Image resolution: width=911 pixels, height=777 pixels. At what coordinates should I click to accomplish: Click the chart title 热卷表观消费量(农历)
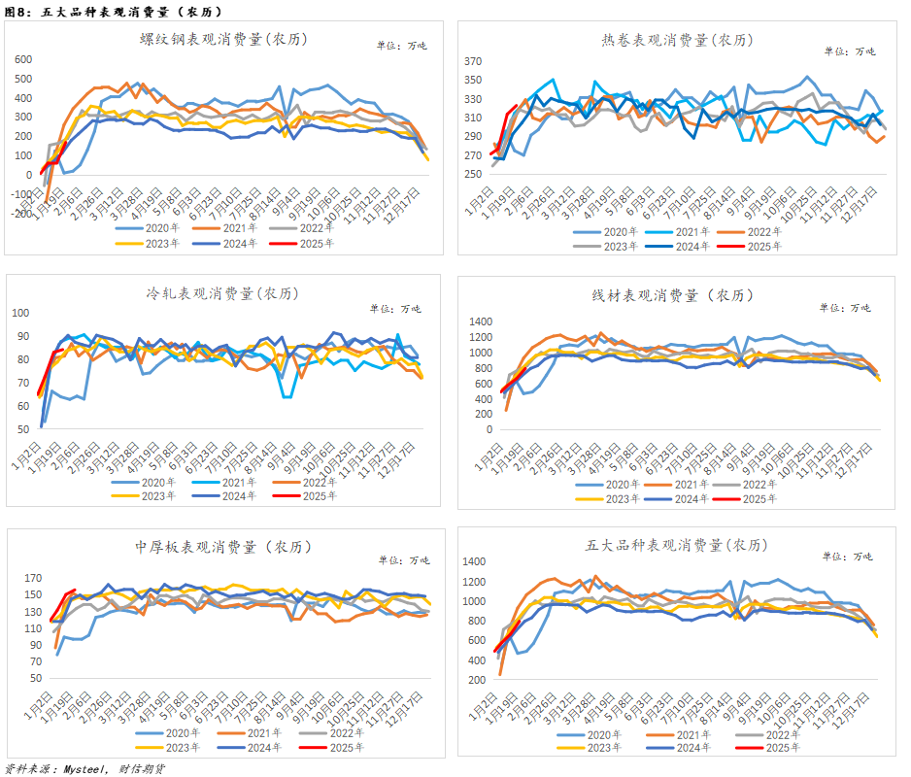pos(677,40)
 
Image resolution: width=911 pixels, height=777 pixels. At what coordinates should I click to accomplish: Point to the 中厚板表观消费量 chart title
pos(218,547)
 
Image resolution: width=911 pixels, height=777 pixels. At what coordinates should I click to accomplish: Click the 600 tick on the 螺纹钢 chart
pos(22,60)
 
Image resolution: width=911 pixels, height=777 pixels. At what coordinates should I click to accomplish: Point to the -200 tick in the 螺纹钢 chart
pos(20,214)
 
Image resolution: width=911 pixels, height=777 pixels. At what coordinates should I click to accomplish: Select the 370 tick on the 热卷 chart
pos(473,61)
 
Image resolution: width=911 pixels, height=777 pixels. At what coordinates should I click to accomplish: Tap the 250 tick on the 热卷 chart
pos(473,175)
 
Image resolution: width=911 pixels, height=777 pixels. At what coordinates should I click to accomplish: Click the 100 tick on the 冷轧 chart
pos(20,313)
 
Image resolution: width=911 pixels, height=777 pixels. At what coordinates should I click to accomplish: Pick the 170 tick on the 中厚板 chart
pos(32,578)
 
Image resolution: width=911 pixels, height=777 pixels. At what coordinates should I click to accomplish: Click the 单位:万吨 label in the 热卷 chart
pos(852,51)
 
